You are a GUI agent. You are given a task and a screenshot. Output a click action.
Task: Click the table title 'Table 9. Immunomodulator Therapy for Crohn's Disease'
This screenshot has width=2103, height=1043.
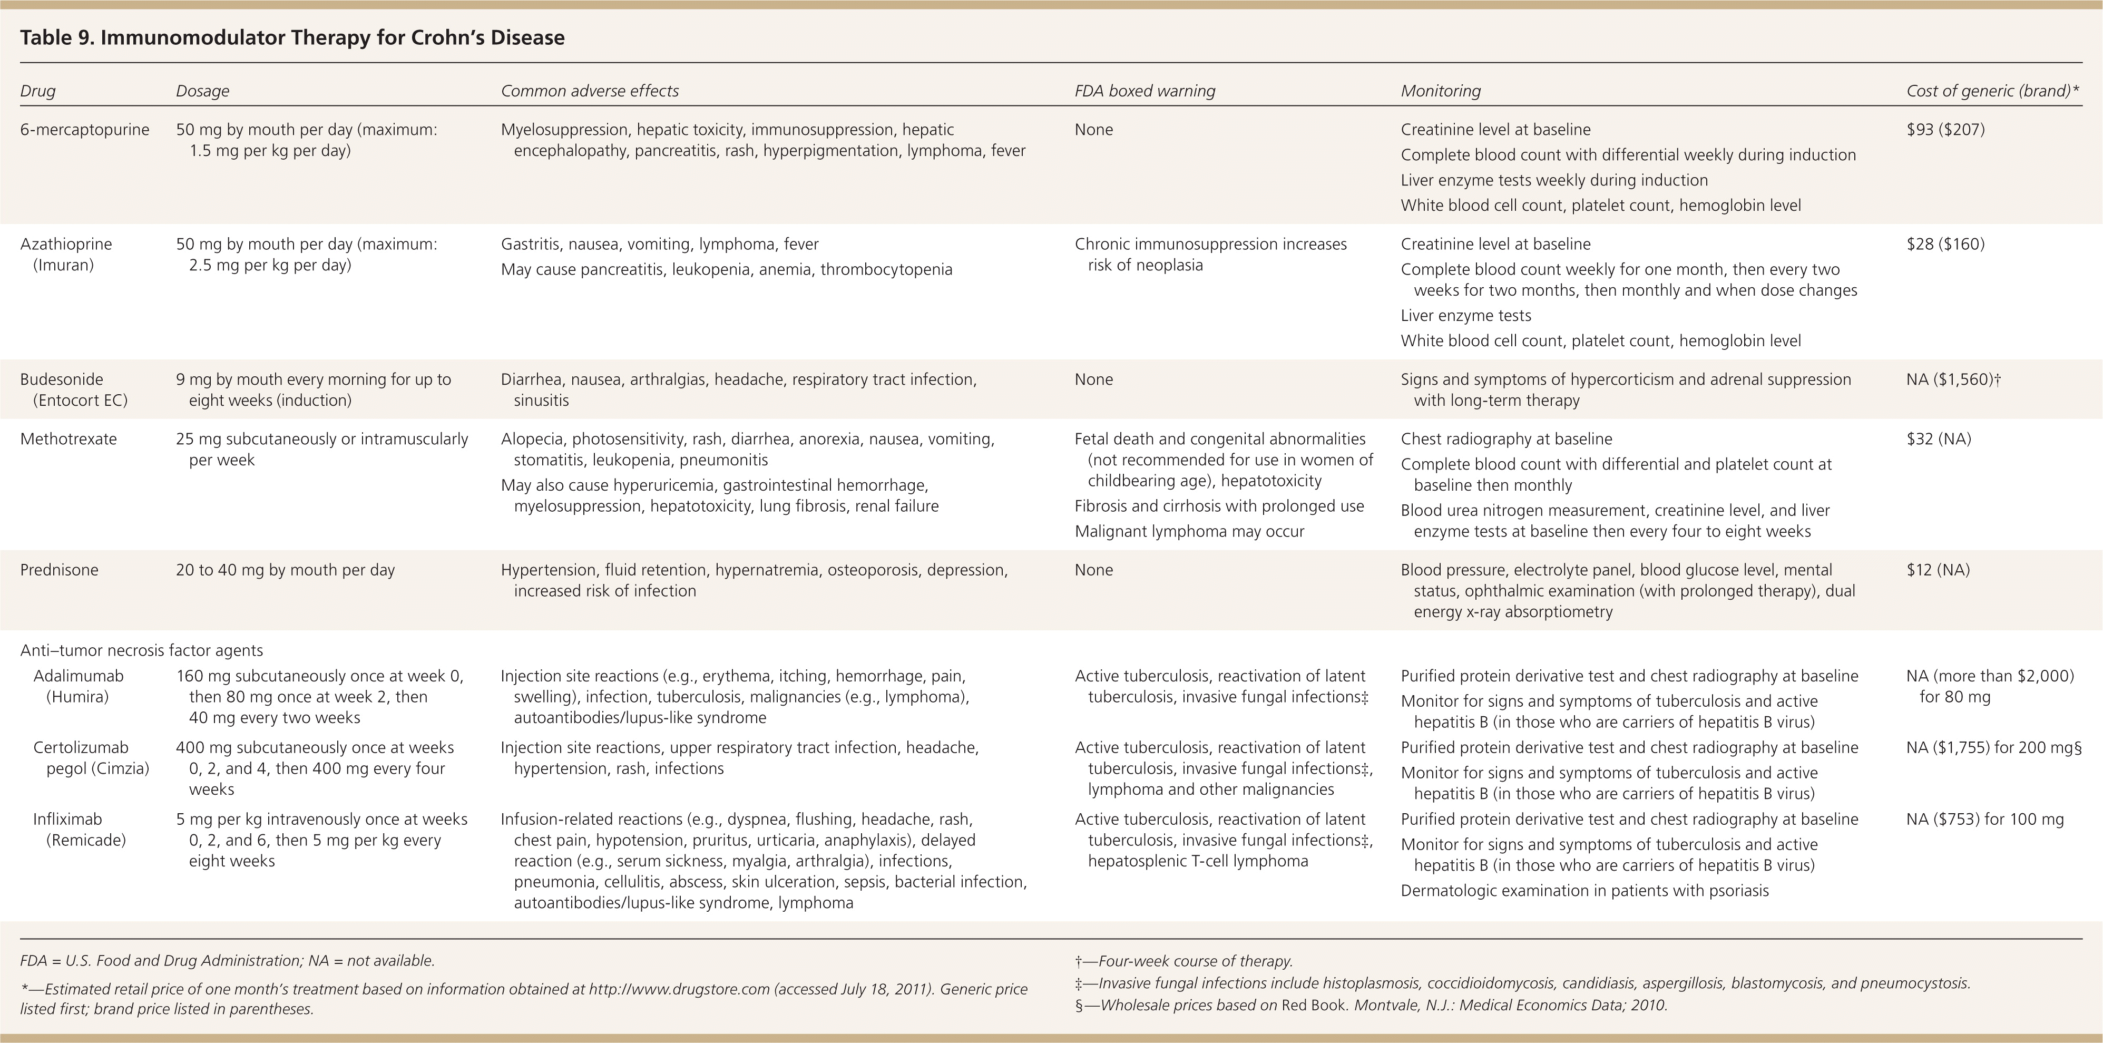pos(292,37)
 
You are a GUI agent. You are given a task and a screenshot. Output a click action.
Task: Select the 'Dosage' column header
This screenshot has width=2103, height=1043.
pos(202,91)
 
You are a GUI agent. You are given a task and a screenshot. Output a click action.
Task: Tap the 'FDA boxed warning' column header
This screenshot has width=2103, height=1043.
pos(1145,91)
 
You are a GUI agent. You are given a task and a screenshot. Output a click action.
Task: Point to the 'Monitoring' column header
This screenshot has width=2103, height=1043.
pos(1440,91)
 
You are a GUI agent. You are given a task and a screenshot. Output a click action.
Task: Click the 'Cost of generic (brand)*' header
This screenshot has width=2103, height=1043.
pos(1992,91)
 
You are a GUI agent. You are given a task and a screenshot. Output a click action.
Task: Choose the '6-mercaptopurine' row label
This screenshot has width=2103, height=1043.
pos(85,129)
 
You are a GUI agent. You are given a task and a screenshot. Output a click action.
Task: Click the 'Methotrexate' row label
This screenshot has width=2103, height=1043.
pos(69,438)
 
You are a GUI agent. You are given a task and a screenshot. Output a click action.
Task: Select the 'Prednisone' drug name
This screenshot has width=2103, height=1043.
pos(59,569)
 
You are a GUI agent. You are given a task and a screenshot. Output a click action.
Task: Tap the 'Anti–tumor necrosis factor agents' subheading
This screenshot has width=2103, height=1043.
pos(141,650)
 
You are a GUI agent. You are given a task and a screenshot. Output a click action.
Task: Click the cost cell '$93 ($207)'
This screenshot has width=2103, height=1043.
pos(1945,129)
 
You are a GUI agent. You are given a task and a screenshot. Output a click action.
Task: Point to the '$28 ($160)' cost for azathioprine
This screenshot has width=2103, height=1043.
pos(1945,243)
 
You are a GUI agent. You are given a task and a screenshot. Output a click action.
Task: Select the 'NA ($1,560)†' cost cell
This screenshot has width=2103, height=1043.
pos(1953,379)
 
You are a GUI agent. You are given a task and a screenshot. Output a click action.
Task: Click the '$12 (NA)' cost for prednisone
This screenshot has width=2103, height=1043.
pos(1938,569)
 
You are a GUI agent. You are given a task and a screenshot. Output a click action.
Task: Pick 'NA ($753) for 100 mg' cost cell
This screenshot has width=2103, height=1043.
pos(1984,818)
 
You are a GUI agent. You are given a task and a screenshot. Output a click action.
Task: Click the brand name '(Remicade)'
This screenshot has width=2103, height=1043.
pos(86,840)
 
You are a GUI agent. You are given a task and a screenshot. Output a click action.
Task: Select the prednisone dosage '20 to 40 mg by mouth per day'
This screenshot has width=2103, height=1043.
pos(285,569)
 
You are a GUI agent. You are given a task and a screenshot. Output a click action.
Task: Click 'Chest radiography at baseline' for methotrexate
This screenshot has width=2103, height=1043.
pos(1506,438)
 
